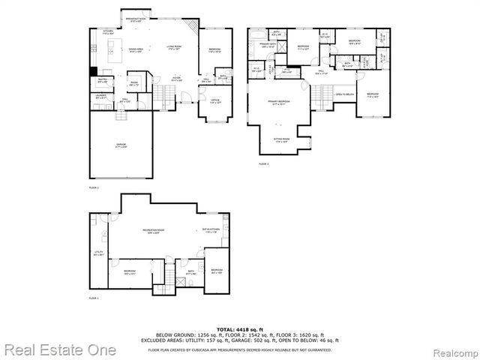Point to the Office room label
[x=215, y=101]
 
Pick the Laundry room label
[x=100, y=97]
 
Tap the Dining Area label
[x=136, y=50]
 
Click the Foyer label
[x=175, y=79]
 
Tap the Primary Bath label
[x=268, y=46]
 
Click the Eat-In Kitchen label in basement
[x=209, y=232]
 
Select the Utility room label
[x=98, y=253]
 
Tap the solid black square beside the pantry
[x=93, y=73]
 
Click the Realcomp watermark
[x=449, y=350]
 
